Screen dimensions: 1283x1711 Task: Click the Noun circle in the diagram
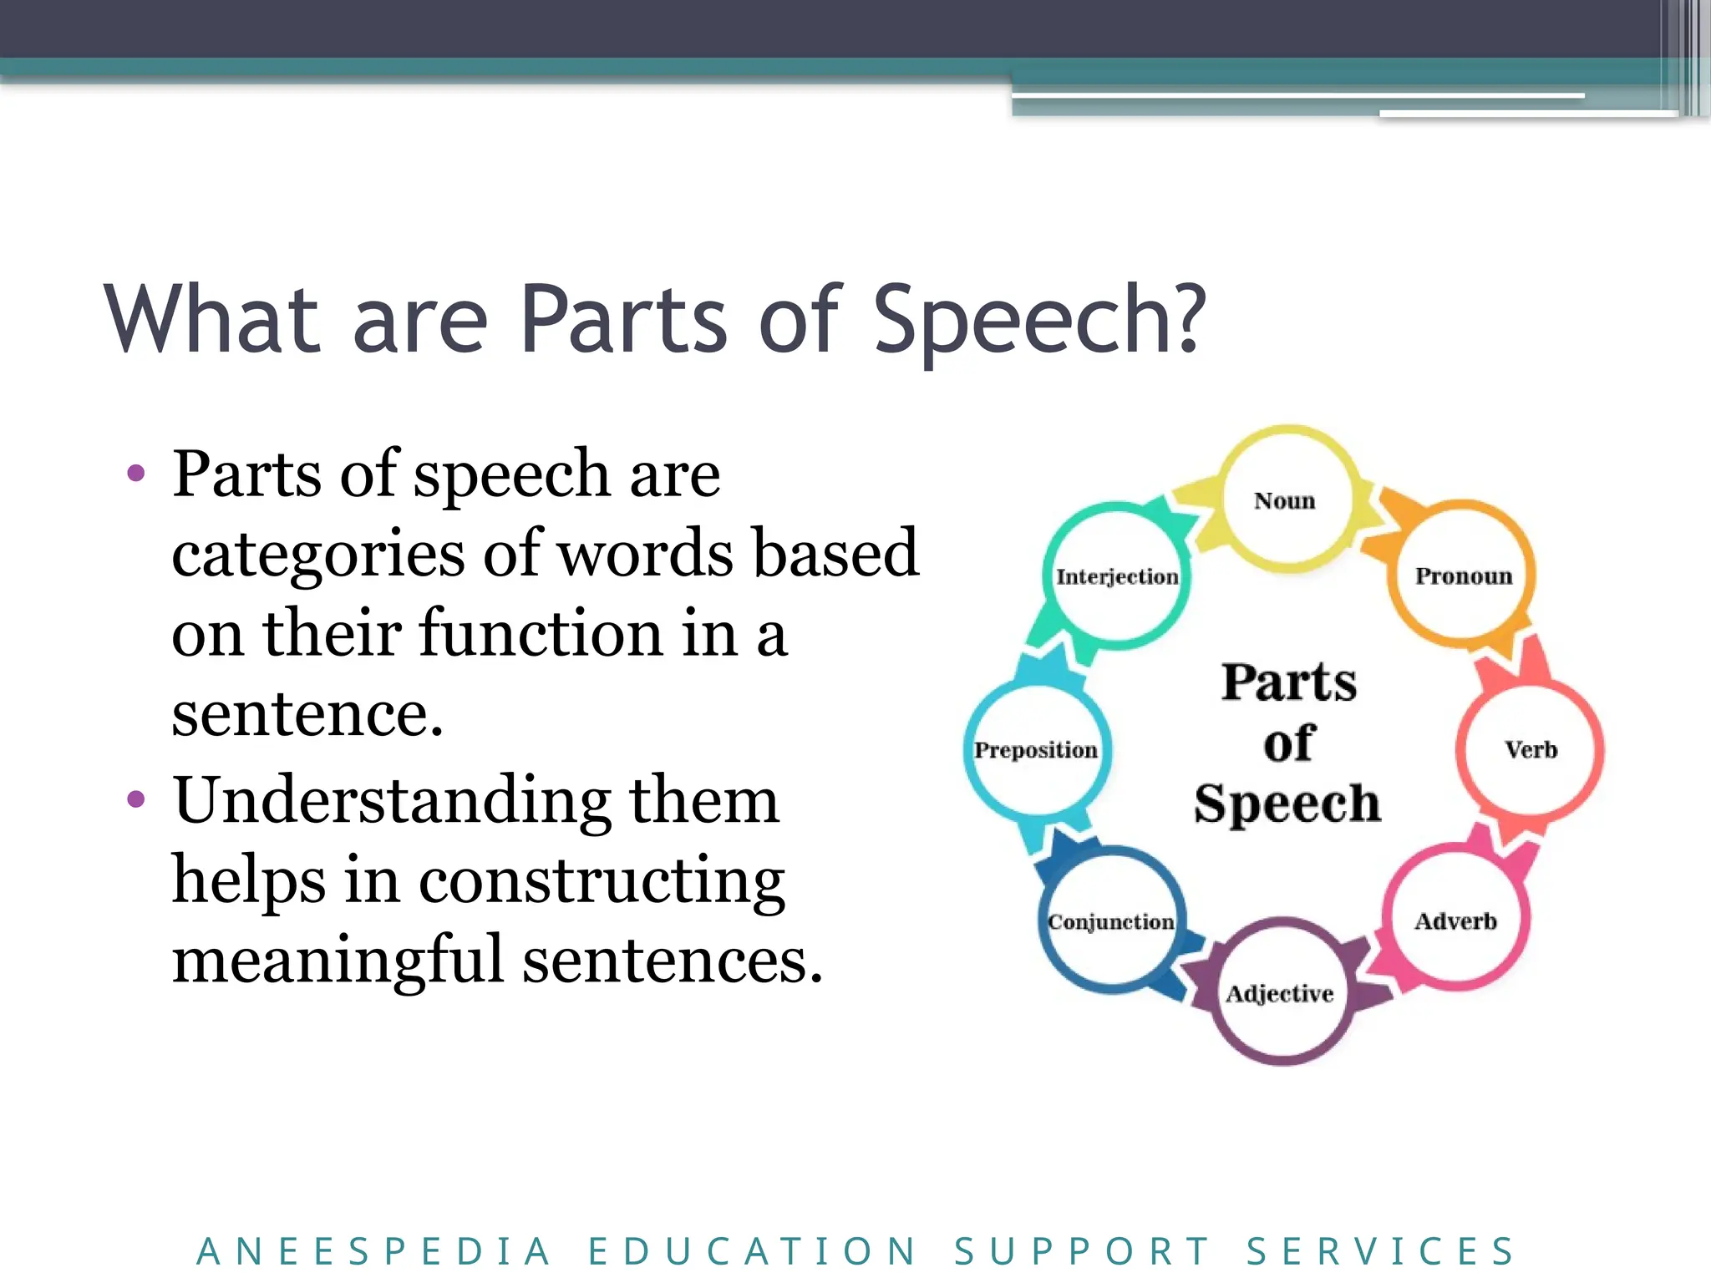click(1286, 500)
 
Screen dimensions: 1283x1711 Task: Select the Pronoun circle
click(1463, 575)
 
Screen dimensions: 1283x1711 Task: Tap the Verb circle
click(1531, 748)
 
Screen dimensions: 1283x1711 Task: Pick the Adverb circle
click(1456, 920)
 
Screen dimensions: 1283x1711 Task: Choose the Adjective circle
click(1280, 992)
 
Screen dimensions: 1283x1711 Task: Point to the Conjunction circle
click(1111, 920)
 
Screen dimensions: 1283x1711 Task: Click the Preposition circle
click(1036, 749)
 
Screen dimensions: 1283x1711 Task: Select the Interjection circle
click(1117, 576)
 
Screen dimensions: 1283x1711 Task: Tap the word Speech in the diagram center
click(1287, 804)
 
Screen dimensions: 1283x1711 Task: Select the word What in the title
click(213, 320)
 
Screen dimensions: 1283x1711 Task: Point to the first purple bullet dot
click(135, 474)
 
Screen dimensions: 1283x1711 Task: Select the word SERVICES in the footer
click(1381, 1251)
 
